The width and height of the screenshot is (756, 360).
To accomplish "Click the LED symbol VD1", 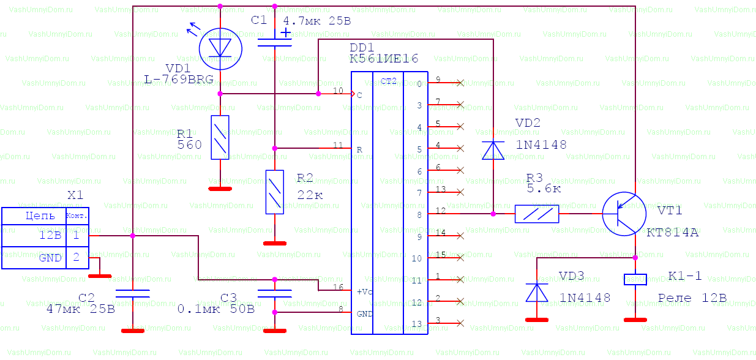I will pyautogui.click(x=221, y=48).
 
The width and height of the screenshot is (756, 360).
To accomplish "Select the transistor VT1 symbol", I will pyautogui.click(x=624, y=214).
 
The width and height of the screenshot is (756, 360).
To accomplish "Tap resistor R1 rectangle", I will pyautogui.click(x=220, y=137).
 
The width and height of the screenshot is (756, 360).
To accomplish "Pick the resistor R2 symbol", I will pyautogui.click(x=275, y=192).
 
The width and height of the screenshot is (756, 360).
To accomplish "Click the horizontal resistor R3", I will pyautogui.click(x=537, y=214).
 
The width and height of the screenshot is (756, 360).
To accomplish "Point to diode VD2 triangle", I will pyautogui.click(x=493, y=150).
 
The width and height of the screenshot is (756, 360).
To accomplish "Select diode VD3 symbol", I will pyautogui.click(x=537, y=292).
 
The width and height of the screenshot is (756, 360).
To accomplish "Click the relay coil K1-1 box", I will pyautogui.click(x=635, y=280).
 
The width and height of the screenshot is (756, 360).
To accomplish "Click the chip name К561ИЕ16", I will pyautogui.click(x=384, y=59).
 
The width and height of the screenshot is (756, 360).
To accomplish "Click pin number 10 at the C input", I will pyautogui.click(x=338, y=91).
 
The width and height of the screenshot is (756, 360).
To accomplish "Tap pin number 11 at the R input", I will pyautogui.click(x=338, y=145).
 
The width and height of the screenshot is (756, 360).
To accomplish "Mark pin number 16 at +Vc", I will pyautogui.click(x=338, y=287).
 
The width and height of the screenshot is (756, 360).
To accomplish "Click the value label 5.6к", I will pyautogui.click(x=544, y=189).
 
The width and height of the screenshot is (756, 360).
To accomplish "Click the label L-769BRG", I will pyautogui.click(x=179, y=79).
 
